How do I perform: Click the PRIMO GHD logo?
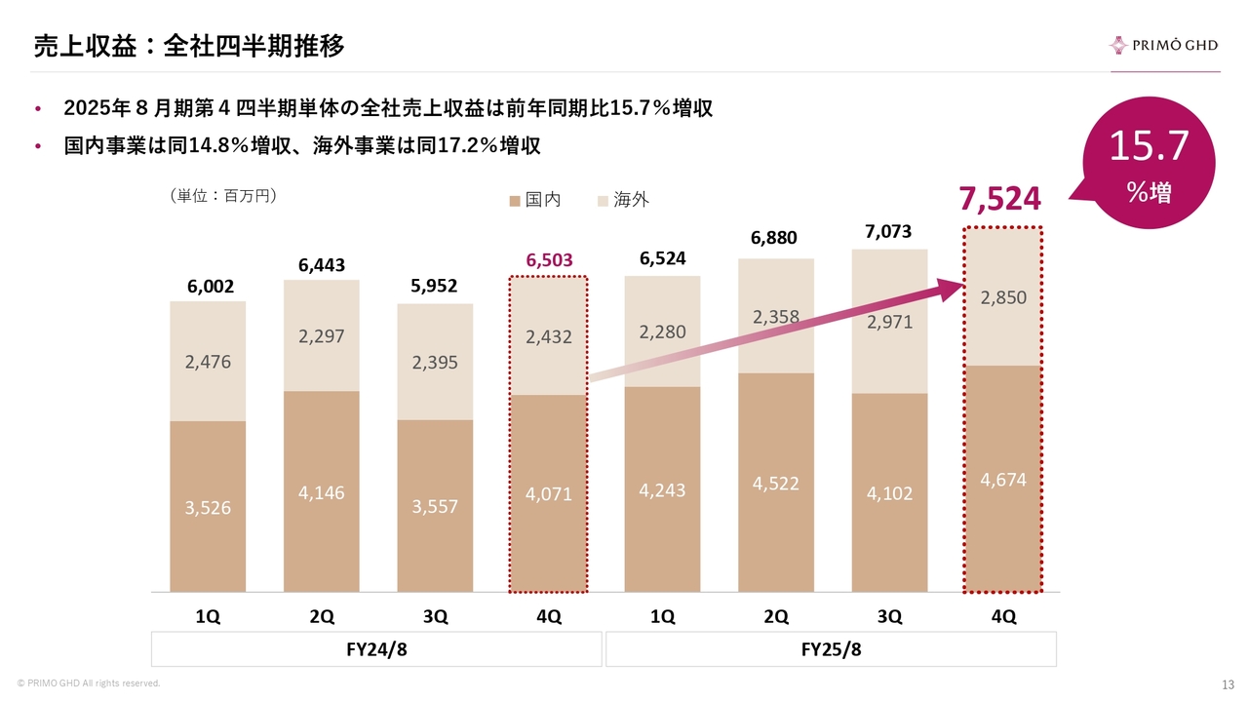pyautogui.click(x=1163, y=45)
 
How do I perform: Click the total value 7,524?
pyautogui.click(x=999, y=198)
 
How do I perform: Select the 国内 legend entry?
pyautogui.click(x=535, y=200)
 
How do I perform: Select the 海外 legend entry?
pyautogui.click(x=623, y=200)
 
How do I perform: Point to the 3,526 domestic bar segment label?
pyautogui.click(x=208, y=507)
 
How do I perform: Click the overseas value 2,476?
pyautogui.click(x=208, y=362)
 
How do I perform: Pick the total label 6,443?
pyautogui.click(x=322, y=265)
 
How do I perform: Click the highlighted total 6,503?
pyautogui.click(x=549, y=260)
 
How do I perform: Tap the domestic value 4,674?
pyautogui.click(x=1002, y=480)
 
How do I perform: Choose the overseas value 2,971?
pyautogui.click(x=889, y=322)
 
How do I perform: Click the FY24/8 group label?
pyautogui.click(x=376, y=650)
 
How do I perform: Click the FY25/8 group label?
pyautogui.click(x=831, y=650)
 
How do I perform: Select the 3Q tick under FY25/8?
pyautogui.click(x=889, y=616)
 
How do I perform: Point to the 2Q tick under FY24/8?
pyautogui.click(x=322, y=616)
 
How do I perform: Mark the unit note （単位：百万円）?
pyautogui.click(x=224, y=196)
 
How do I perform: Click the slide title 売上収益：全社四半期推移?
pyautogui.click(x=188, y=45)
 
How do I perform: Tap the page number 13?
pyautogui.click(x=1228, y=682)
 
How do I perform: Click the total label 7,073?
pyautogui.click(x=889, y=232)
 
